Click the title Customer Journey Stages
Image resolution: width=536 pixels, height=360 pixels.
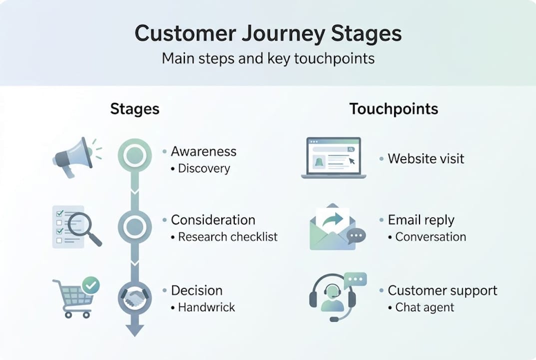coord(268,34)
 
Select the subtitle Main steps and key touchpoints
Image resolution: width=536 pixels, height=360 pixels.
coord(268,58)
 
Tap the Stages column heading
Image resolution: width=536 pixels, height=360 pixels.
coord(134,109)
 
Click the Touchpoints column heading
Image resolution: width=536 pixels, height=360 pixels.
coord(394,109)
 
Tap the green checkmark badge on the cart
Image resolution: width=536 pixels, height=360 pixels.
coord(91,285)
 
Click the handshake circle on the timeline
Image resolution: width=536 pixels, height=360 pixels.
coord(134,298)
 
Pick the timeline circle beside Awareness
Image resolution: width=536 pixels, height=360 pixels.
coord(134,156)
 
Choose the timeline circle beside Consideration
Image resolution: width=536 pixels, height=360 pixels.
coord(134,227)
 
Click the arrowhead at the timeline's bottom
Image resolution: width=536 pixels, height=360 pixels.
coord(134,330)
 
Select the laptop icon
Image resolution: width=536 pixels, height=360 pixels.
coord(333,157)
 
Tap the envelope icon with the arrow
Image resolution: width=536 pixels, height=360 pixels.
coord(333,227)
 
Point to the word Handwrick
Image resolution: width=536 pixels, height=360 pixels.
coord(206,307)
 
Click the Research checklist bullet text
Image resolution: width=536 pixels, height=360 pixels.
coord(228,237)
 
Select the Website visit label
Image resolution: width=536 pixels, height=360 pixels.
coord(426,159)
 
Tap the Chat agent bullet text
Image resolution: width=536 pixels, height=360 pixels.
coord(425,307)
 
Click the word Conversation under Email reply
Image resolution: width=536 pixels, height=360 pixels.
coord(431,237)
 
